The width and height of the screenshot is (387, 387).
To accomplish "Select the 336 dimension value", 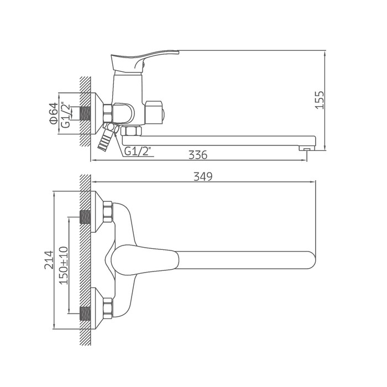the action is (198, 155).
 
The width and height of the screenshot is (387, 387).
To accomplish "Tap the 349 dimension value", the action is (203, 176).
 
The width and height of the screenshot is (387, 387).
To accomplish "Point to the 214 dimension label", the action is (49, 260).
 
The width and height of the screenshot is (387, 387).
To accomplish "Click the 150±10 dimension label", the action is (63, 265).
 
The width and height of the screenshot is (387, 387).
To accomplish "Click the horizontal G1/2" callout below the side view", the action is (138, 151).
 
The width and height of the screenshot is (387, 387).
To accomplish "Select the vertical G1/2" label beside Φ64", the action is (66, 115).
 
